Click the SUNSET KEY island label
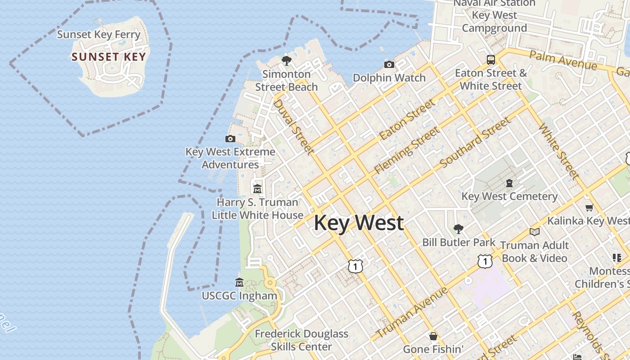click(x=109, y=57)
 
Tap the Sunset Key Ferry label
click(x=99, y=35)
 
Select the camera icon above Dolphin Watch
click(x=389, y=65)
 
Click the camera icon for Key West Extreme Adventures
click(x=230, y=139)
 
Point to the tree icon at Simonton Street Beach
click(x=286, y=60)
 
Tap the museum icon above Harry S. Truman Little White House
click(x=257, y=189)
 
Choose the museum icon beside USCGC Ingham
click(x=239, y=283)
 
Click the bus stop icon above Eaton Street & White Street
click(x=491, y=59)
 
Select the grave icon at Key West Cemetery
click(x=509, y=183)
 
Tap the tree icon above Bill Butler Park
click(x=459, y=229)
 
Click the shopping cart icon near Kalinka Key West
click(x=589, y=207)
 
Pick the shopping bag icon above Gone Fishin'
click(x=433, y=336)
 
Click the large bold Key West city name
click(x=359, y=223)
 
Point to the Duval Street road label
click(x=293, y=126)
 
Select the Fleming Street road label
click(x=406, y=150)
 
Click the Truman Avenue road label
click(x=412, y=312)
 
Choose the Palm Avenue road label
click(x=563, y=60)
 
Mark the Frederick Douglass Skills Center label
click(x=301, y=340)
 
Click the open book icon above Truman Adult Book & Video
click(x=535, y=232)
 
